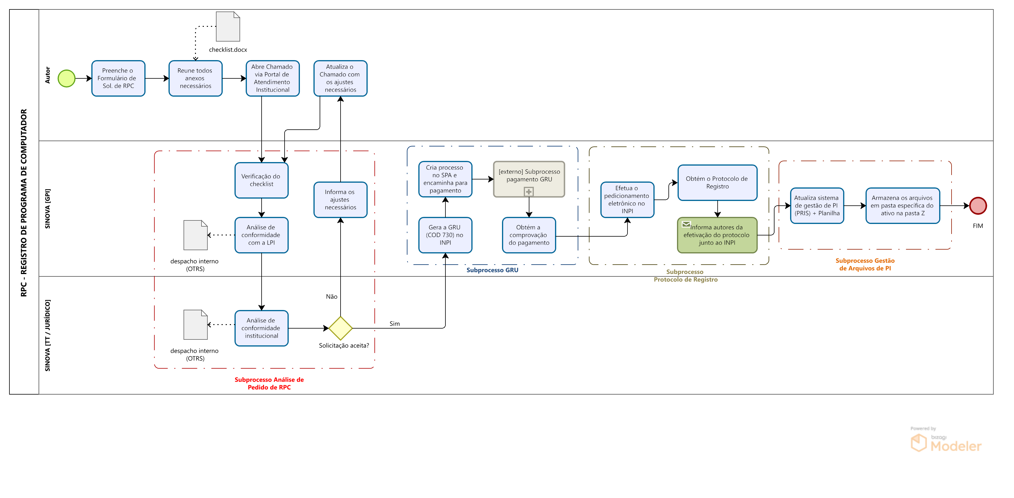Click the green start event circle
tap(67, 78)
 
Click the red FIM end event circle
tap(978, 205)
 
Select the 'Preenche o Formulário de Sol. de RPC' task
tap(118, 78)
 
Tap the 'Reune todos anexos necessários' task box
tap(195, 78)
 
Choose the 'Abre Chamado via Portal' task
tap(273, 78)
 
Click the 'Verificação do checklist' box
tap(261, 180)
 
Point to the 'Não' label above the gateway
tap(331, 296)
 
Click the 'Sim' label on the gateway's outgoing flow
tap(394, 324)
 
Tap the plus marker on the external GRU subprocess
tap(529, 192)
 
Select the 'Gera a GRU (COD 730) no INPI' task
tap(445, 235)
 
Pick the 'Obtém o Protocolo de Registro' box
tap(717, 183)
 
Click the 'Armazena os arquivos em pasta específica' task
tap(902, 205)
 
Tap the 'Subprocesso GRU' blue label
tap(492, 270)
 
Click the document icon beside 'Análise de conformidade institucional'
tap(196, 325)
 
